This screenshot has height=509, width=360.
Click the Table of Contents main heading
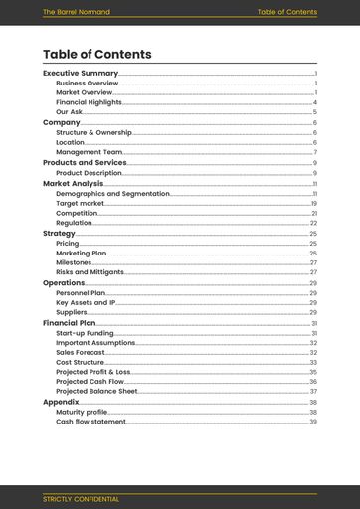click(97, 55)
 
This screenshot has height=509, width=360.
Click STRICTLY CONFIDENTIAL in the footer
click(81, 498)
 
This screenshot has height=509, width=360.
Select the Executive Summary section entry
click(81, 73)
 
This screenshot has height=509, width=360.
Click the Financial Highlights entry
click(89, 102)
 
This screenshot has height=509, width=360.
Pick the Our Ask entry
click(70, 112)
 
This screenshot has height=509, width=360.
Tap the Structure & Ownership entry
click(93, 132)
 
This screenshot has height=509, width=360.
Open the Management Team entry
click(90, 152)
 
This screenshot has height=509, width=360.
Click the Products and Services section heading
click(85, 162)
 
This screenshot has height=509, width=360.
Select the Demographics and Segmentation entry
click(112, 193)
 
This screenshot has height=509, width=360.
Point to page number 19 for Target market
click(313, 203)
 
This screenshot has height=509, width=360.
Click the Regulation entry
click(74, 223)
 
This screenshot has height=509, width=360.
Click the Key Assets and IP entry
click(87, 302)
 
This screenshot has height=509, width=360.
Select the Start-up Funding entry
click(85, 333)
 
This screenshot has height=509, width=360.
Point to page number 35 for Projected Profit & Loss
click(313, 372)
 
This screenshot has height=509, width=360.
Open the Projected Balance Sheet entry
click(96, 392)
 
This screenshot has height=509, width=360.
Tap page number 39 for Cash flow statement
click(313, 422)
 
